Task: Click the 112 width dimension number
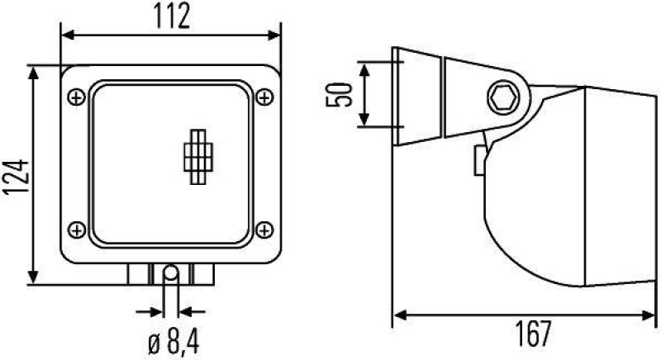pos(172,15)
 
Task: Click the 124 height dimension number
pos(16,176)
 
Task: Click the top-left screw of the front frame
pos(77,97)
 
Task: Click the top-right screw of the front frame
pos(264,97)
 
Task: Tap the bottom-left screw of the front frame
pos(77,229)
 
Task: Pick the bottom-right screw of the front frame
pos(264,229)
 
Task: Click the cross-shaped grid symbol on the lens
pos(197,154)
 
